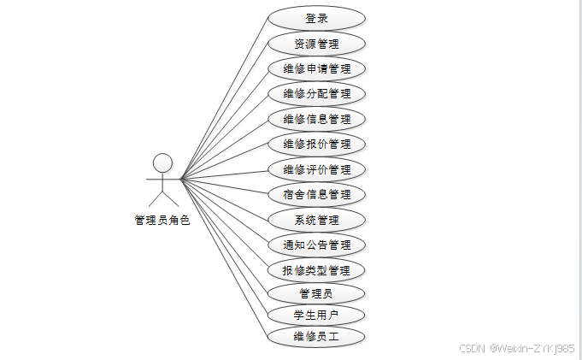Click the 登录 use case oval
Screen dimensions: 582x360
(x=316, y=18)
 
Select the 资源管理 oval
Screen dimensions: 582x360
(x=316, y=44)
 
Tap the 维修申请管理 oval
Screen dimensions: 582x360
(x=316, y=68)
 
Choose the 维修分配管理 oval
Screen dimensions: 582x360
(x=316, y=93)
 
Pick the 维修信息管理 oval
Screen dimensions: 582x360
(x=316, y=119)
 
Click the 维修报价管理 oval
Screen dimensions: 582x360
(x=316, y=144)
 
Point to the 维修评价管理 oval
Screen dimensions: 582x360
(x=316, y=169)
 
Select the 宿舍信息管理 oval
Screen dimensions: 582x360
(x=316, y=194)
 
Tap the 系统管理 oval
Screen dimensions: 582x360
(x=316, y=220)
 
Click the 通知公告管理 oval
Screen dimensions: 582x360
(x=316, y=245)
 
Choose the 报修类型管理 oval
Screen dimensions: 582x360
(x=316, y=270)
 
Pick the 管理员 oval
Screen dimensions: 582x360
(x=316, y=293)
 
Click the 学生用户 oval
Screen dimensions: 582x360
(x=316, y=315)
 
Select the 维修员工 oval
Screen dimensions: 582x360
(x=316, y=336)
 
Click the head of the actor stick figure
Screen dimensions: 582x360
(x=162, y=162)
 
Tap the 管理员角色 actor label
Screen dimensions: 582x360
(x=162, y=221)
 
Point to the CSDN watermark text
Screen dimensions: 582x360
(x=516, y=348)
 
